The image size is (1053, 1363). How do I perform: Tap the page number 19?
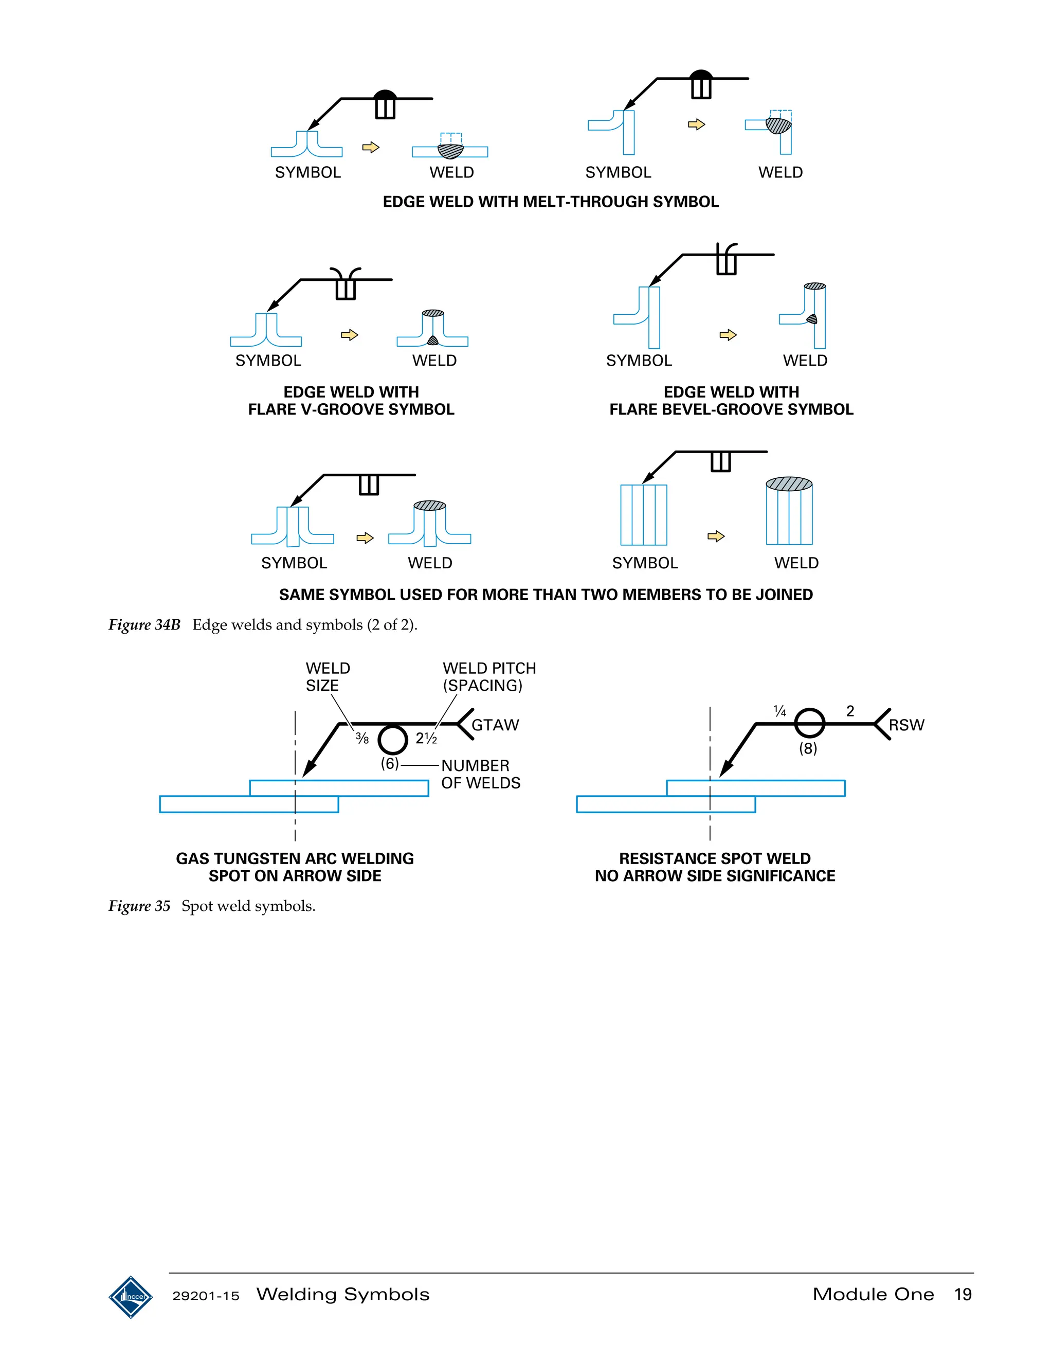(x=963, y=1295)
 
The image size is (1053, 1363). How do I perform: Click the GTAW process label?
(x=495, y=725)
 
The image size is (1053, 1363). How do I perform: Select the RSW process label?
(x=906, y=725)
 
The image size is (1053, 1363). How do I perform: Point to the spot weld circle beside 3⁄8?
(x=392, y=740)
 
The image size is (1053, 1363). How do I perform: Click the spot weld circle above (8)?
(x=809, y=723)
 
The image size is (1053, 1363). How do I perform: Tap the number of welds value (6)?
(x=389, y=763)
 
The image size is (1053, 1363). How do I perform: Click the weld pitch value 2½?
(x=426, y=738)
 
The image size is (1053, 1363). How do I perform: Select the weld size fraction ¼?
(x=779, y=711)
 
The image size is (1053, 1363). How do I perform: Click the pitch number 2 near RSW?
(x=849, y=711)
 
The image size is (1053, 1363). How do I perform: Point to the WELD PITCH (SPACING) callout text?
(x=488, y=676)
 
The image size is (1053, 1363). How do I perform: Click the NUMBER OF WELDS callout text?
(x=480, y=774)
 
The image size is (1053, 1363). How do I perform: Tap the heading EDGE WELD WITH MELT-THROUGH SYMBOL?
(x=550, y=202)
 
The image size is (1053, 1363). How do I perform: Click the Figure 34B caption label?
(x=144, y=625)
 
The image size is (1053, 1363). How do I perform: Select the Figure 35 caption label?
(x=139, y=906)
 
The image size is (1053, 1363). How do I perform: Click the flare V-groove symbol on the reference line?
(x=346, y=282)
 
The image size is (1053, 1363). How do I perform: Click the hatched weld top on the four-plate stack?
(x=789, y=483)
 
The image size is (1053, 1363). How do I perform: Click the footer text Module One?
(x=873, y=1295)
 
